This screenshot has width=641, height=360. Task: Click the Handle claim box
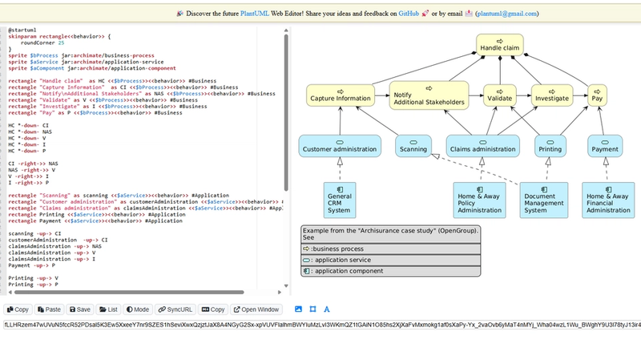pos(499,46)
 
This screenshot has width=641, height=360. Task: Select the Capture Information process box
pos(341,95)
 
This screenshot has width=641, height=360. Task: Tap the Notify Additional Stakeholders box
pos(429,95)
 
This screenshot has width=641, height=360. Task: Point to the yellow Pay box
pos(597,95)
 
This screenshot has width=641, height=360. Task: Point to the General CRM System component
pos(340,200)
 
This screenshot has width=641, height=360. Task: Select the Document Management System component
pos(546,200)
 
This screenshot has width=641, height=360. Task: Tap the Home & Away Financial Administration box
pos(607,200)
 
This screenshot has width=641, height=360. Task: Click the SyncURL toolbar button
pos(175,309)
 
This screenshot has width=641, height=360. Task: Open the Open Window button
pos(257,309)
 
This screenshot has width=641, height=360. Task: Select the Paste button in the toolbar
pos(49,309)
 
